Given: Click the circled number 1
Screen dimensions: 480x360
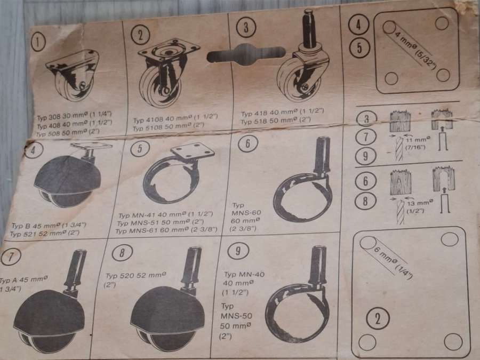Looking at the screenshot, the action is click(x=38, y=42).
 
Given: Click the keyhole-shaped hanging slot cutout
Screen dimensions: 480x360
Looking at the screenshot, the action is click(x=246, y=54).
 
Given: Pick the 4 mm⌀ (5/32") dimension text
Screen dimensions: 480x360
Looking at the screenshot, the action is click(x=415, y=51).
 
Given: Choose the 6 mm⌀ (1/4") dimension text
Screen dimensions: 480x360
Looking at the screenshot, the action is click(x=393, y=262).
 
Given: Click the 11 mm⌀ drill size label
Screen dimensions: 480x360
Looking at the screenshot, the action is click(x=418, y=143).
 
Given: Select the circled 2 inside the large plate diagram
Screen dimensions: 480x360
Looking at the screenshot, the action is click(x=378, y=319).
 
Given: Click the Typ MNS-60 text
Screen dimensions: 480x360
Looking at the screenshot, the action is click(x=246, y=209).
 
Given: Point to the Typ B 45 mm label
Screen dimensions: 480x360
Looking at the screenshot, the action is click(x=49, y=226).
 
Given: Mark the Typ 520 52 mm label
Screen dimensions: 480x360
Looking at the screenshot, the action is click(x=135, y=275).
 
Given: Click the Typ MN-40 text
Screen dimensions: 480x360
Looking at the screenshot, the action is click(x=244, y=274).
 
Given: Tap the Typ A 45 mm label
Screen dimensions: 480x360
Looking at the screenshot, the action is click(x=23, y=279).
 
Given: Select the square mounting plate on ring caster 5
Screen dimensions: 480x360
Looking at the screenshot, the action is click(x=193, y=150).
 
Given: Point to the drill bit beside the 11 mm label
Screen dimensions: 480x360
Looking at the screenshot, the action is click(x=398, y=148).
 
